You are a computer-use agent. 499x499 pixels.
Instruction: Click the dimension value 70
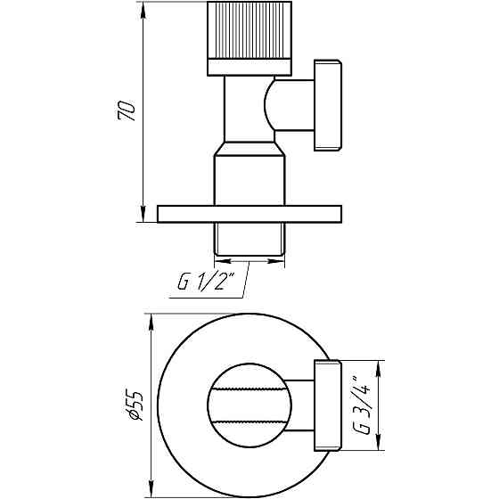pyautogui.click(x=128, y=112)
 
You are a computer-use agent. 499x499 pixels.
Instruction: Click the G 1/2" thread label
pyautogui.click(x=204, y=282)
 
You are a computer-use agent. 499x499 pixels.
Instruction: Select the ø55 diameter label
pyautogui.click(x=133, y=405)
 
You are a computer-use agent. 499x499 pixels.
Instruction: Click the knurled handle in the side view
pyautogui.click(x=249, y=30)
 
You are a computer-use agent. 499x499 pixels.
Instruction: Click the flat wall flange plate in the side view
pyautogui.click(x=249, y=214)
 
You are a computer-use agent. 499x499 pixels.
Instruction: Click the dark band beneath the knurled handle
pyautogui.click(x=249, y=66)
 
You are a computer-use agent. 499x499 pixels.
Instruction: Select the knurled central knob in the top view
pyautogui.click(x=249, y=405)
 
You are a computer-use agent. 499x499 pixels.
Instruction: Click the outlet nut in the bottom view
pyautogui.click(x=326, y=405)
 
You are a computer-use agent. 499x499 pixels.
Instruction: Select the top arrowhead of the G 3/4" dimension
pyautogui.click(x=380, y=364)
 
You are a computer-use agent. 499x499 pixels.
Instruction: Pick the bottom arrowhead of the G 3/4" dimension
pyautogui.click(x=380, y=447)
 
